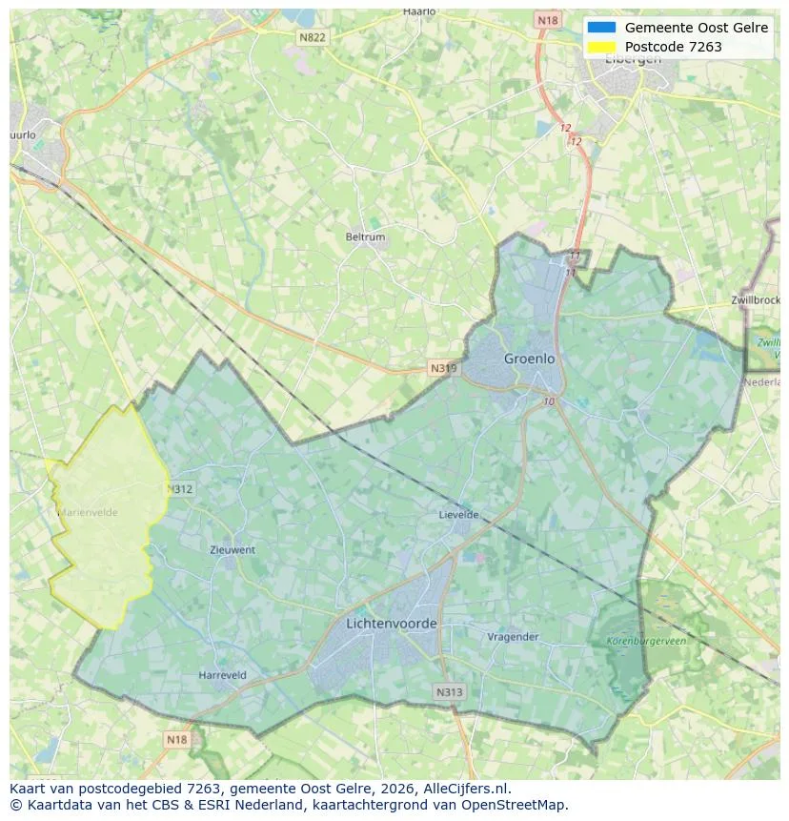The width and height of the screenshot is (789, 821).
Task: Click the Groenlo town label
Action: tap(529, 359)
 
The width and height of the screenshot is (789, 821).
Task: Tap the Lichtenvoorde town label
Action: tap(392, 624)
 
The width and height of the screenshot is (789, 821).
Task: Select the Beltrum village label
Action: tap(365, 236)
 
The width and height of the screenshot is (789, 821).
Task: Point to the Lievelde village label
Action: tap(458, 515)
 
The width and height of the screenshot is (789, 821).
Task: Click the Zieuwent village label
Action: tap(233, 550)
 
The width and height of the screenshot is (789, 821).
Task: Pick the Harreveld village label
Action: tap(222, 675)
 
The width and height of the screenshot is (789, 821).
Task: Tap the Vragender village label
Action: tap(513, 637)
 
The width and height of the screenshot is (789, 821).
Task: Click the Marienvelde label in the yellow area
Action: tap(88, 512)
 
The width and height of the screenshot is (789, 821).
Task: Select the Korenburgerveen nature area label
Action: tap(646, 641)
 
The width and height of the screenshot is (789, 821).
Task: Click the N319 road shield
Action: tap(442, 368)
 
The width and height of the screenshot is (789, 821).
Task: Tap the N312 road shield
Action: tap(179, 489)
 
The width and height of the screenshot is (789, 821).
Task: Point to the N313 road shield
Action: tap(449, 692)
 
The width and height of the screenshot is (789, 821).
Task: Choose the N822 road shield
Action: tap(312, 37)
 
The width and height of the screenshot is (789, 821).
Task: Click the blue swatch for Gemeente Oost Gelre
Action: tap(602, 28)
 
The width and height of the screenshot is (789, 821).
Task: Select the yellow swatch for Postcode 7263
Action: tap(602, 47)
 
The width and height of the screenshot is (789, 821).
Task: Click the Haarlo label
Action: tap(418, 11)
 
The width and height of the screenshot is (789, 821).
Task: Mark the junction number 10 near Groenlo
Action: tap(549, 401)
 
